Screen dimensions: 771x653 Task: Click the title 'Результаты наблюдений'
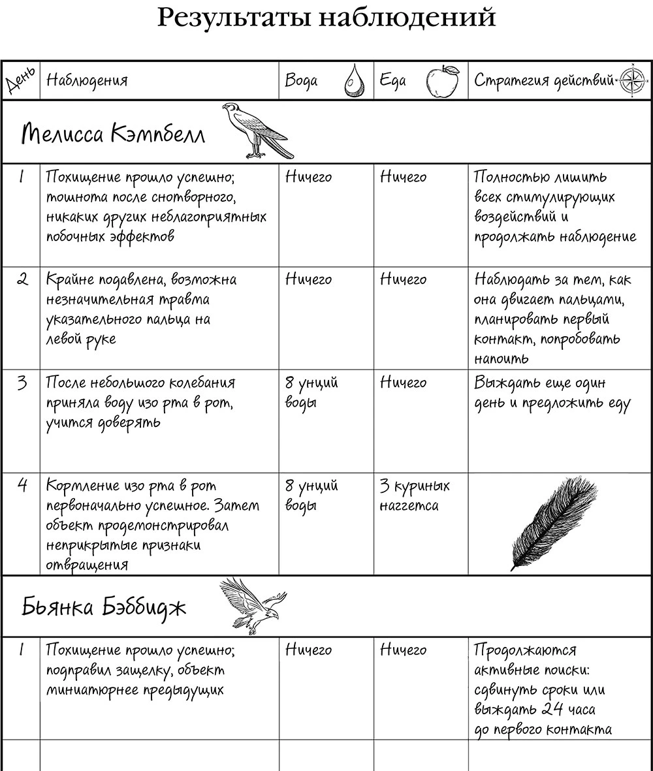(x=326, y=18)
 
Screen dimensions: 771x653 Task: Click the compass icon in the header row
(x=631, y=80)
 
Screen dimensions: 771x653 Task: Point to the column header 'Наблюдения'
(x=87, y=80)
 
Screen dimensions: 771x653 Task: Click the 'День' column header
(x=20, y=81)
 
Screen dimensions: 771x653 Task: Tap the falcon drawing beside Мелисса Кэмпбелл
(x=256, y=131)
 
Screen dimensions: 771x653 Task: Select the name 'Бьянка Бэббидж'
(x=104, y=608)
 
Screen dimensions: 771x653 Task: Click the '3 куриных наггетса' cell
(x=414, y=496)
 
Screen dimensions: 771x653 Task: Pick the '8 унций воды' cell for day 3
(x=311, y=392)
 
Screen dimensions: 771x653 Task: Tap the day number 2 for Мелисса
(x=22, y=280)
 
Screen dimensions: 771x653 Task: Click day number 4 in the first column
(x=22, y=486)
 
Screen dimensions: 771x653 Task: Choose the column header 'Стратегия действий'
(x=544, y=80)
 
